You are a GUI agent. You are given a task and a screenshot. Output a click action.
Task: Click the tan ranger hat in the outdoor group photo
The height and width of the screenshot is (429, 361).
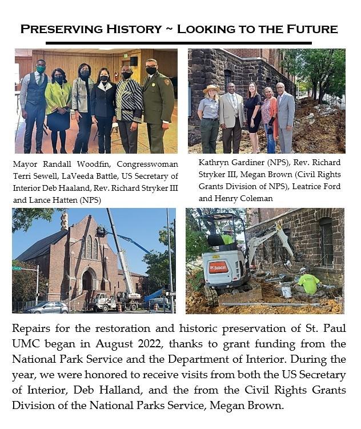(x=212, y=90)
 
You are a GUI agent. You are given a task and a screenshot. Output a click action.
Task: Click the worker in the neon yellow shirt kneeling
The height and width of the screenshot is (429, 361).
(x=309, y=283)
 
